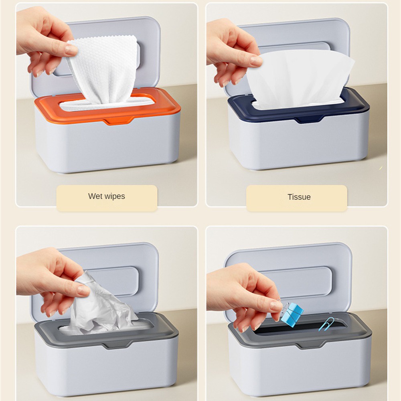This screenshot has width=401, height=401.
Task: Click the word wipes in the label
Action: [115, 196]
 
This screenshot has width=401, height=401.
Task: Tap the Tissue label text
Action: [299, 197]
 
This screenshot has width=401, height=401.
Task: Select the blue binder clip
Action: [292, 314]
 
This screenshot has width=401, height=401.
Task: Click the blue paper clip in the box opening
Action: [327, 323]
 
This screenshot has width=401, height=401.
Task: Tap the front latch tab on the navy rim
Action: [309, 119]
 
